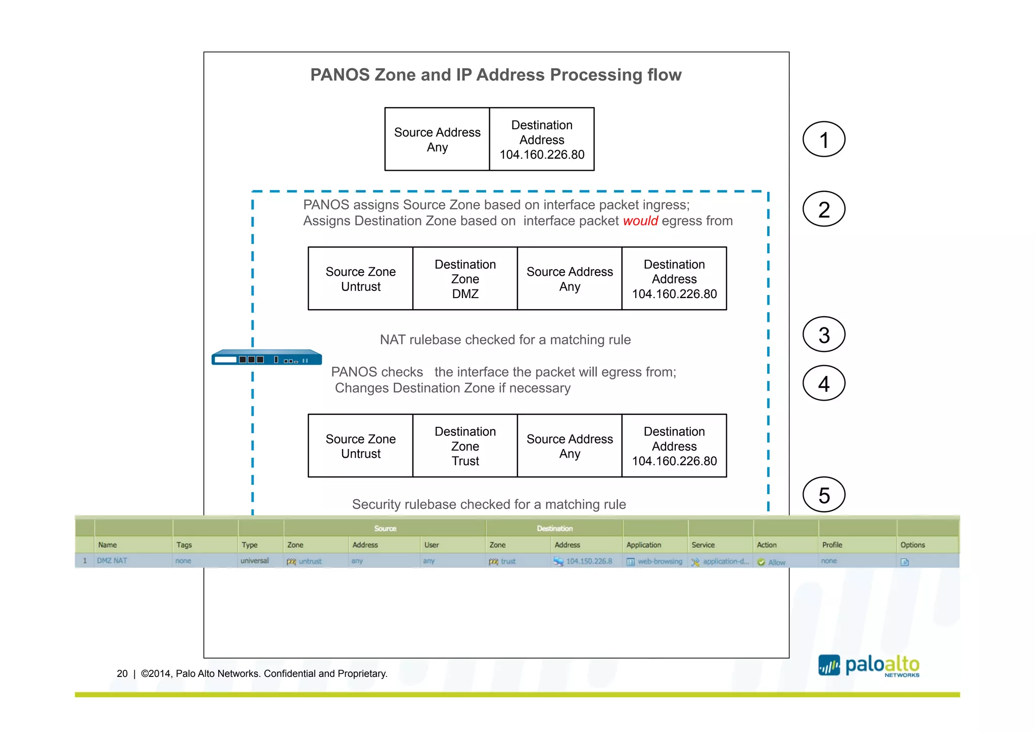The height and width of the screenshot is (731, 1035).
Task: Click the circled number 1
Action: click(x=824, y=139)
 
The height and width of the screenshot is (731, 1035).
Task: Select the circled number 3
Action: click(x=824, y=334)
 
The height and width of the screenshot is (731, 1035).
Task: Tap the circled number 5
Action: click(x=824, y=495)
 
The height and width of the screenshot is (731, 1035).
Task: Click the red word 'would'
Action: click(x=640, y=221)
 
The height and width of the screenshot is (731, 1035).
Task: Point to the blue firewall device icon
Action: click(x=266, y=357)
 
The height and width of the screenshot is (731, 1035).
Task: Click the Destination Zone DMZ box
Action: click(x=465, y=279)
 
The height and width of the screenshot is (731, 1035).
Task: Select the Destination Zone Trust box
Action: click(x=465, y=446)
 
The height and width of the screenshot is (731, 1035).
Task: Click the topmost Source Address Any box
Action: click(x=437, y=139)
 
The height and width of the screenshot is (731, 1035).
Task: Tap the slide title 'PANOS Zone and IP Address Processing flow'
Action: click(x=496, y=75)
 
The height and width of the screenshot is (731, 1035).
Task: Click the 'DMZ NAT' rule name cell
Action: click(x=112, y=561)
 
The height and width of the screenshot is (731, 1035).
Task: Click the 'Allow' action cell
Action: click(x=776, y=562)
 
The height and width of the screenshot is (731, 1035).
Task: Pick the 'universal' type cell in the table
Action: click(x=255, y=561)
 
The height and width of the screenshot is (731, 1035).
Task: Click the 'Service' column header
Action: click(x=703, y=545)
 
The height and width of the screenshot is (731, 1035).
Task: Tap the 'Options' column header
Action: click(x=912, y=545)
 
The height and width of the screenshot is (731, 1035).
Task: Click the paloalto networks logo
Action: click(x=869, y=666)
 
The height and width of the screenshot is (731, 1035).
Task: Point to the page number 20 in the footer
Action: click(x=122, y=673)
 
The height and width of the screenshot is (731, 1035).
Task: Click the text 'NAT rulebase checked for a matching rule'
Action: click(x=505, y=340)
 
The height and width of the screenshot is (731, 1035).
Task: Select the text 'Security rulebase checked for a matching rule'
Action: click(x=489, y=504)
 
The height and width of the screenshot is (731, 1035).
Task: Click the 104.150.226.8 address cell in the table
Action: click(x=589, y=561)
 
